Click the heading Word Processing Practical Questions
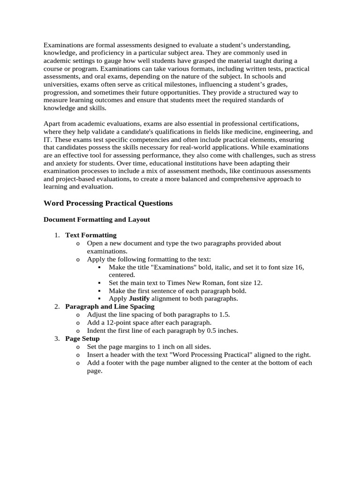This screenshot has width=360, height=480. pos(108,203)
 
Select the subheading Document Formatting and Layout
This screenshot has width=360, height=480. pos(97,219)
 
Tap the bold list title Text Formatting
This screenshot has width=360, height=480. pos(90,235)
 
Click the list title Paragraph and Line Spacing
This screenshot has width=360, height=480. pos(110,307)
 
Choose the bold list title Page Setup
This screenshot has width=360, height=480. pos(82,338)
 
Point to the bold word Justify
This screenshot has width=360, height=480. pos(139,299)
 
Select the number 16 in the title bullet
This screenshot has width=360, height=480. pos(298,267)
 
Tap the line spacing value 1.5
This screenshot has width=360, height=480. pos(224,315)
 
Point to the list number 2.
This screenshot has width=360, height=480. pos(56,307)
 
